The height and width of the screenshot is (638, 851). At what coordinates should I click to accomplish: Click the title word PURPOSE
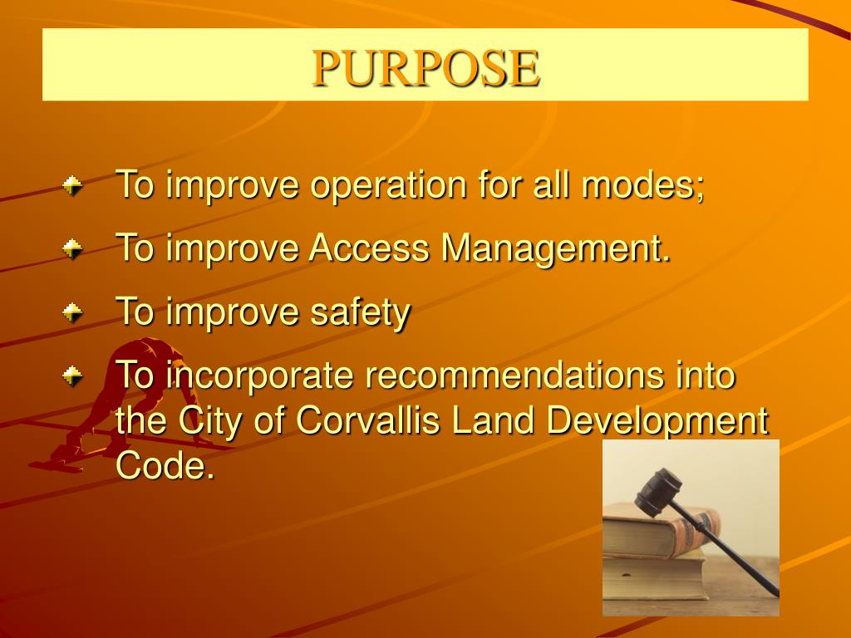425,67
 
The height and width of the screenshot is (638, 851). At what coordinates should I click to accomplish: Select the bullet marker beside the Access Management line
73,248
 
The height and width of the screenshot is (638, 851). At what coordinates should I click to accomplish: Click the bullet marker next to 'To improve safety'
73,312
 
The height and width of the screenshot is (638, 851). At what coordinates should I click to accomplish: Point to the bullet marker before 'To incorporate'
73,375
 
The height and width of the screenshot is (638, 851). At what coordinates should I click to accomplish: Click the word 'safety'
360,312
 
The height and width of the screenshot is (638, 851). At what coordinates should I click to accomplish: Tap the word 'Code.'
165,465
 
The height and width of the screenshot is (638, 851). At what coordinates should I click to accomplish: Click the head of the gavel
657,491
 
